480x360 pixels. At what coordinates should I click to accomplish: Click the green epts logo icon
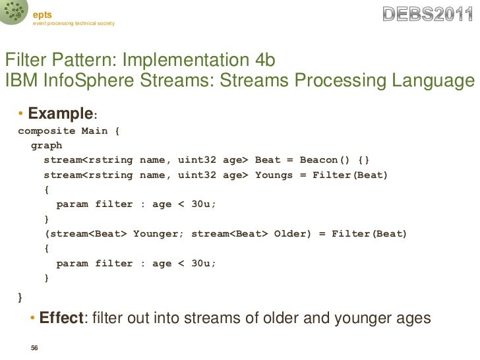tap(13, 13)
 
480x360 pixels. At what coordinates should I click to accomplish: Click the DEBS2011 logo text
tap(429, 14)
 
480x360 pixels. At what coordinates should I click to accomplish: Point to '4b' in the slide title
tap(264, 61)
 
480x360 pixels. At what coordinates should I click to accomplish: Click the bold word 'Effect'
tap(61, 318)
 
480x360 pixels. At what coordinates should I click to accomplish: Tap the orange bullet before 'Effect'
tap(33, 319)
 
